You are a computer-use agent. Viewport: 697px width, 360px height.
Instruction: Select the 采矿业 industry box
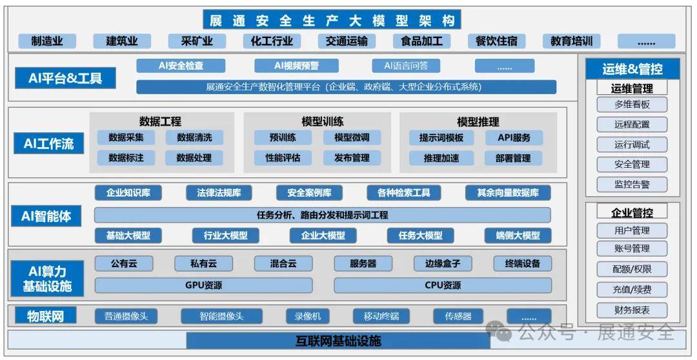[197, 41]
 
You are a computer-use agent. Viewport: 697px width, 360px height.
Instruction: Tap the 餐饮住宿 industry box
[496, 41]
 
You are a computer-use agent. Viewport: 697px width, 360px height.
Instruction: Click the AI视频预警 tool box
[296, 66]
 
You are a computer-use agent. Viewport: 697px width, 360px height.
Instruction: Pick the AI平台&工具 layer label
[65, 78]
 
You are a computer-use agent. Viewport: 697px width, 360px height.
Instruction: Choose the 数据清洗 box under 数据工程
[194, 138]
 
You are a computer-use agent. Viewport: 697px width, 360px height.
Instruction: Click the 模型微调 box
[352, 138]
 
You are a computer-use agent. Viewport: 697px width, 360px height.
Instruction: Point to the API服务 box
[514, 138]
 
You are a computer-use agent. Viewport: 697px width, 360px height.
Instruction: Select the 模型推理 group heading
[478, 121]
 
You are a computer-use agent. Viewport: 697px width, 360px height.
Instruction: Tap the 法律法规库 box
[219, 193]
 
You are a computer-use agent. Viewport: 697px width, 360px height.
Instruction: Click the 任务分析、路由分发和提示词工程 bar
[322, 215]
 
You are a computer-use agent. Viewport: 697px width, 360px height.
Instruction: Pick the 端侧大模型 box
[518, 235]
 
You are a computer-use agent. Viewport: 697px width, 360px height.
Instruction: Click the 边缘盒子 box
[442, 264]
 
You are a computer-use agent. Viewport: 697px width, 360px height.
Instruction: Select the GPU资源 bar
[203, 285]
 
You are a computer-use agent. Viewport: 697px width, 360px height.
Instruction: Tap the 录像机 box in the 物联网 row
[308, 316]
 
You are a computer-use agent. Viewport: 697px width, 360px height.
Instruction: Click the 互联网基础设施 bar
[338, 341]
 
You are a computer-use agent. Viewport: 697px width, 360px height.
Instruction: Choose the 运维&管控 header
[632, 69]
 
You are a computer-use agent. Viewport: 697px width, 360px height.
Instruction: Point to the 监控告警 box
[632, 184]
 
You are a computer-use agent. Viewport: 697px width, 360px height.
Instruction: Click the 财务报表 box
[632, 310]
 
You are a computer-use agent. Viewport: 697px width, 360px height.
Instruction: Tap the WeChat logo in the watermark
[500, 330]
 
